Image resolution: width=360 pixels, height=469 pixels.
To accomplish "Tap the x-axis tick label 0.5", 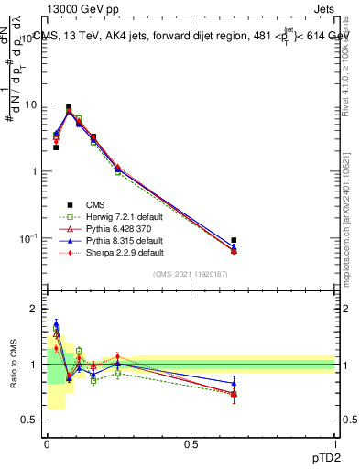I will pos(191,444).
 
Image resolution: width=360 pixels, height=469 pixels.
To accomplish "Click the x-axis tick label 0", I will pos(46,444).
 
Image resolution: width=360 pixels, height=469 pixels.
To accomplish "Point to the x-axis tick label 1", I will pos(334,444).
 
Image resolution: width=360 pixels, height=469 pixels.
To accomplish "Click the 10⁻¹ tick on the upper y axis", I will pos(28,238).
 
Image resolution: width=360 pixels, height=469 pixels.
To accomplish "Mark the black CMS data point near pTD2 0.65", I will pos(234,240).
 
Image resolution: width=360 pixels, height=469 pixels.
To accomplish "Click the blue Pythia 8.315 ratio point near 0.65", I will pos(234,384).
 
